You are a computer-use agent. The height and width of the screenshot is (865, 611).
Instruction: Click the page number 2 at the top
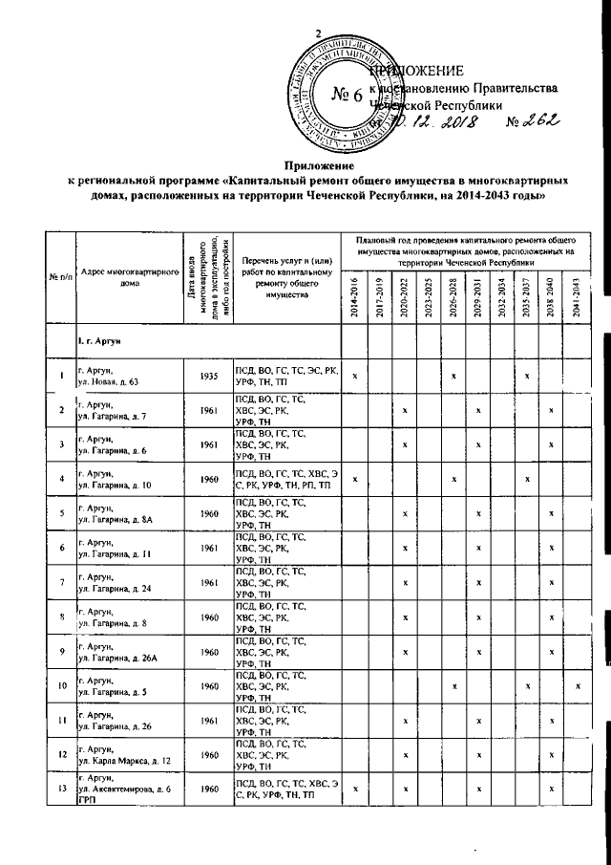tap(318, 35)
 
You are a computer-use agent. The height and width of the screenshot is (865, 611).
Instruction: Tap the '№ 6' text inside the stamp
tap(347, 95)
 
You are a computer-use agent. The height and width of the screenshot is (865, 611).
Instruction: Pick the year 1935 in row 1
tap(210, 376)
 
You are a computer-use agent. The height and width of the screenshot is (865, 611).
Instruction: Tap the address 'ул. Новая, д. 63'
tap(110, 381)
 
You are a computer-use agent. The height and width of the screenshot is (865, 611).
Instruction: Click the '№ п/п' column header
tap(61, 277)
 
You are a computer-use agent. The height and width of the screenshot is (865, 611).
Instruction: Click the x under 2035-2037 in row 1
tap(527, 376)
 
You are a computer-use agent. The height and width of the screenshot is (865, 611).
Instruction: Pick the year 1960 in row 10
tap(210, 686)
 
